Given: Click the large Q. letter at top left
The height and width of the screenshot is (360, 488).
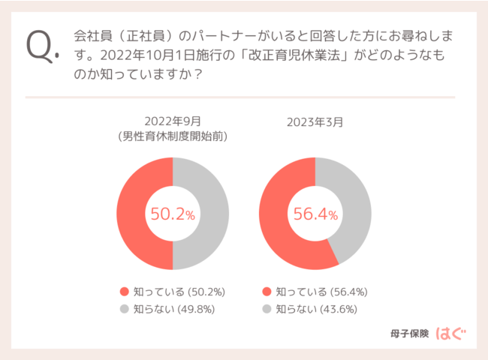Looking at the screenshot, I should [41, 46].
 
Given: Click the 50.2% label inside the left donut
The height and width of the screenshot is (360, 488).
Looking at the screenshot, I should [173, 214].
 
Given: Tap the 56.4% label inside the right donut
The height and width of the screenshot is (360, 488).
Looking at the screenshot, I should [315, 214].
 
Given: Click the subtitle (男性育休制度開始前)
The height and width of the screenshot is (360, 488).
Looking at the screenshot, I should [173, 136].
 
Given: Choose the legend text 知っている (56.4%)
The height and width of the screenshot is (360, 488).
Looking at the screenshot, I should [321, 292].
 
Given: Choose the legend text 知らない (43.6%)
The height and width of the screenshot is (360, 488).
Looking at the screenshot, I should [321, 308].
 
